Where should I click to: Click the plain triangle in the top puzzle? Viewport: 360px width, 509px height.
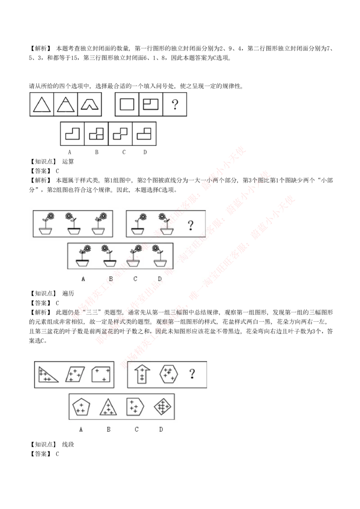42,104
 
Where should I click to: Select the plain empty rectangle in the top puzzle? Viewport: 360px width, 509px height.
127,104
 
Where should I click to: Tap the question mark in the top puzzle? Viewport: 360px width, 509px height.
175,104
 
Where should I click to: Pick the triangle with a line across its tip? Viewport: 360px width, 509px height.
66,104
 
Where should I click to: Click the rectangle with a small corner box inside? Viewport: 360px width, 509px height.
151,104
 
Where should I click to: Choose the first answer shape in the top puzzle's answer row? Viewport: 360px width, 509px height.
72,134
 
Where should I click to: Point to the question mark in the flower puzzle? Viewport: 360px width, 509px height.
191,225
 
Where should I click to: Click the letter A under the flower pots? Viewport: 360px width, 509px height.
83,279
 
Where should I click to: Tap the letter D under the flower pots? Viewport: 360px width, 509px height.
159,279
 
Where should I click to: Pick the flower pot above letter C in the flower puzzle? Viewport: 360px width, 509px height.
134,257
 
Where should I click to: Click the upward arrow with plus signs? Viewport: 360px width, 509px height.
142,374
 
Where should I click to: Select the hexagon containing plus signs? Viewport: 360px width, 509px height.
169,374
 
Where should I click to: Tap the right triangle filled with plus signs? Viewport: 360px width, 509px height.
47,375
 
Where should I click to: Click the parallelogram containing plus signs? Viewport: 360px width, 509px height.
75,374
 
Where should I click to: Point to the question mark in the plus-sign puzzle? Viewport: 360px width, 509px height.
193,374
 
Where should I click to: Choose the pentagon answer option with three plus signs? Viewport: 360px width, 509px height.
81,407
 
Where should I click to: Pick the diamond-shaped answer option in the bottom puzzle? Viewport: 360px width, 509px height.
162,407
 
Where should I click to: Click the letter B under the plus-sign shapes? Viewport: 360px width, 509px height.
108,429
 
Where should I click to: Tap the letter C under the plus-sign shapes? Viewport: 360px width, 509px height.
136,429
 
